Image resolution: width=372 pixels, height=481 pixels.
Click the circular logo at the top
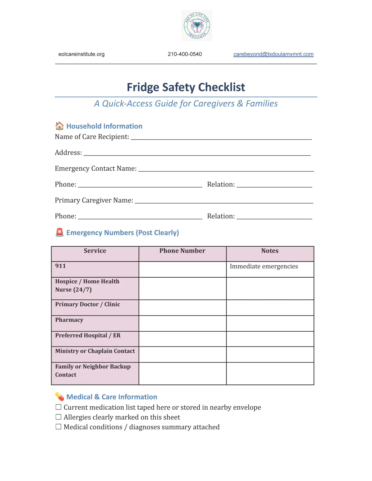pos(197,25)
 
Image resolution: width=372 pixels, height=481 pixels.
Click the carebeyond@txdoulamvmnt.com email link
pos(273,54)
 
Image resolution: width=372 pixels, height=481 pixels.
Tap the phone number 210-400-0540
pos(185,54)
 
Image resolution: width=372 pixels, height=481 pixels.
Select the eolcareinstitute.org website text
pos(82,54)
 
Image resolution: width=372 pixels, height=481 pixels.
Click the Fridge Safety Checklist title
pos(186,87)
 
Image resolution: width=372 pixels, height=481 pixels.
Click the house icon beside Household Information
pos(59,126)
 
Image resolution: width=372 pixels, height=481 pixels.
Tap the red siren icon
pos(60,232)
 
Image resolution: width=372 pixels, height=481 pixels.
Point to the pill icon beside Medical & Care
pos(60,396)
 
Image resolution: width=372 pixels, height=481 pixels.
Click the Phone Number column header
pos(182,251)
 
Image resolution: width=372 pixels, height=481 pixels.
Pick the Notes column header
pos(270,251)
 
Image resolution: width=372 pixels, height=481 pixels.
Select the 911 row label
pos(60,266)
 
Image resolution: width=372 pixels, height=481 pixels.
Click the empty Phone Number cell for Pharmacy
pos(182,323)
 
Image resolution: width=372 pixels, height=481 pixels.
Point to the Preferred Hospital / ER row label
pos(88,336)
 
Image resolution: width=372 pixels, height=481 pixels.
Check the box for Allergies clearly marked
pos(58,417)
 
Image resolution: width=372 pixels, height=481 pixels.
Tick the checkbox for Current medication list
pos(58,407)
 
